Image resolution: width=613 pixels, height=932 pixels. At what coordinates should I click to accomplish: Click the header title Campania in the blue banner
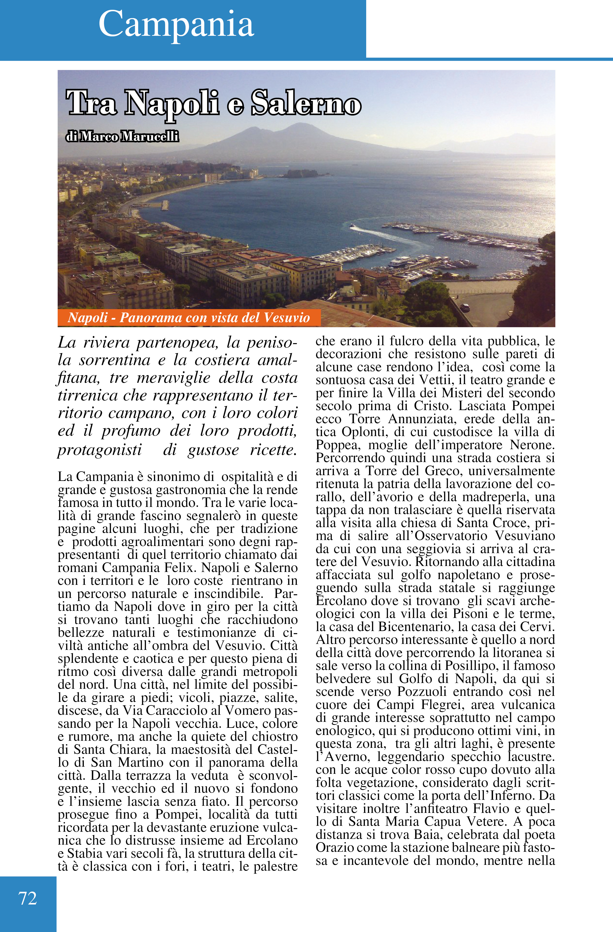tap(176, 24)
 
